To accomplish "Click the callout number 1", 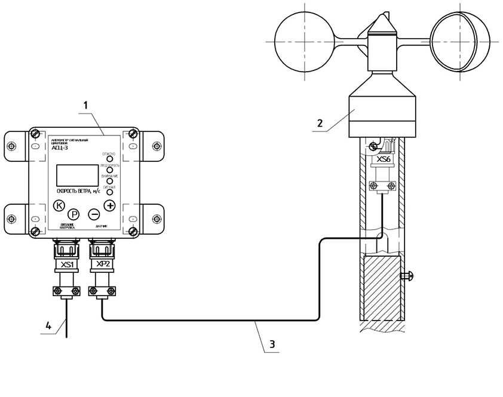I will pyautogui.click(x=85, y=105).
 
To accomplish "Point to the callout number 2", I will pyautogui.click(x=320, y=124).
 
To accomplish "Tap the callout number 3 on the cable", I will pyautogui.click(x=272, y=344).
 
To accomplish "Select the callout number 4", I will pyautogui.click(x=48, y=325).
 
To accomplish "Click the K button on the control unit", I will pyautogui.click(x=59, y=206).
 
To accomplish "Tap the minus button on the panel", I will pyautogui.click(x=94, y=214).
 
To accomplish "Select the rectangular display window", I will pyautogui.click(x=77, y=175).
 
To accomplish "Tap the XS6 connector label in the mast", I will pyautogui.click(x=383, y=161).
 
